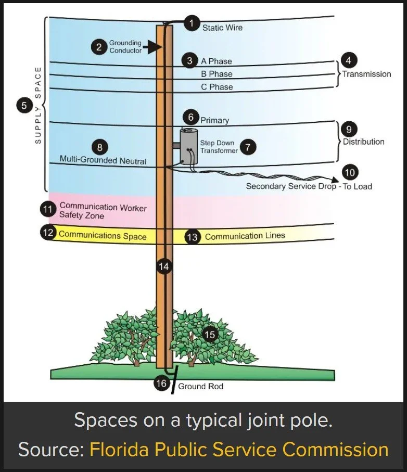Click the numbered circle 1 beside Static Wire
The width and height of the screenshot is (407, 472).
coord(192,23)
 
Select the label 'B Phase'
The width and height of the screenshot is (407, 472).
coord(217,74)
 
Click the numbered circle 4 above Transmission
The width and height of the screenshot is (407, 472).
coord(348,60)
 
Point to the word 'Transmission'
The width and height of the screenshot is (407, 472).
coord(366,74)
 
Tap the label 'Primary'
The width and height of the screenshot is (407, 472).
coord(215,120)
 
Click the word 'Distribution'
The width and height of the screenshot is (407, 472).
coord(363,142)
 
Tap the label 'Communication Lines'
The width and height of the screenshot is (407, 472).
coord(245,236)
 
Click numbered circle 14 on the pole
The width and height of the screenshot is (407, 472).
coord(164,266)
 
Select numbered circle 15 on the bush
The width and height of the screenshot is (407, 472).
coord(210,335)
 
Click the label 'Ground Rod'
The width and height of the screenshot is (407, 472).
coord(200,387)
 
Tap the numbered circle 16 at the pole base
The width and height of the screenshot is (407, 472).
coord(162,384)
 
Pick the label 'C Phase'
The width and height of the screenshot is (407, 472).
coord(217,87)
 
